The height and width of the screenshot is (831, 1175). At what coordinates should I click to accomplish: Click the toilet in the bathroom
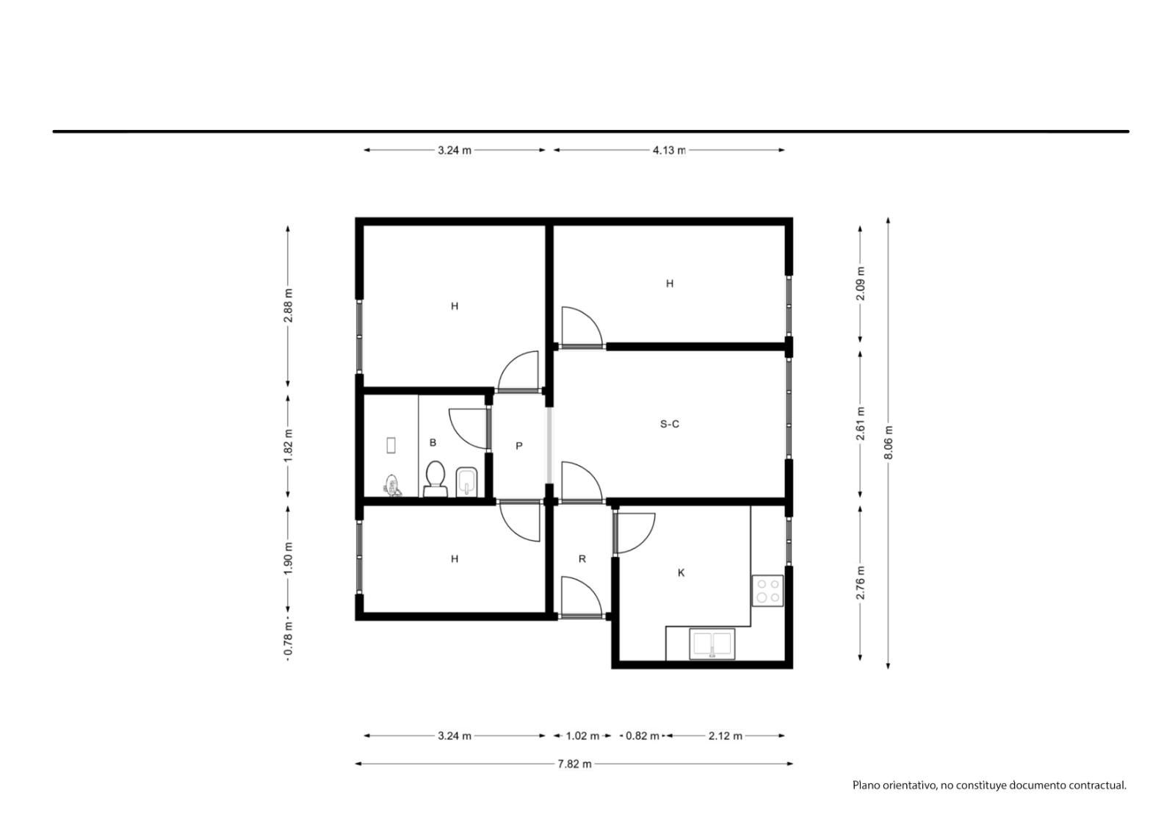click(x=435, y=479)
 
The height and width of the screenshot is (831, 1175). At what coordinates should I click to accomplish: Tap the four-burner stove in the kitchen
click(x=767, y=591)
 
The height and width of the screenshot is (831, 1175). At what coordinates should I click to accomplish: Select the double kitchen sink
click(x=712, y=644)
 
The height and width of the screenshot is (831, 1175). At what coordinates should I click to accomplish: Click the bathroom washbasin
click(x=466, y=481)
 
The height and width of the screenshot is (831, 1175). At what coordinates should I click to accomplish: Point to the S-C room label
click(x=669, y=424)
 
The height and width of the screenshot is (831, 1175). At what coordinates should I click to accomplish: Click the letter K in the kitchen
click(x=681, y=572)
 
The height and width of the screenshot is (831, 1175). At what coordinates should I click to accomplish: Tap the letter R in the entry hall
click(x=582, y=559)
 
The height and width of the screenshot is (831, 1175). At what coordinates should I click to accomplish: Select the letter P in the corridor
click(x=518, y=446)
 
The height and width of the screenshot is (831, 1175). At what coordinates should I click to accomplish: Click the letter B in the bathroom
click(x=433, y=442)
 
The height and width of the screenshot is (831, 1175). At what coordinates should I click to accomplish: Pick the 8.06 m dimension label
click(x=888, y=442)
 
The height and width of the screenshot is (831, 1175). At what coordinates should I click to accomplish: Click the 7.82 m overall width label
click(x=574, y=764)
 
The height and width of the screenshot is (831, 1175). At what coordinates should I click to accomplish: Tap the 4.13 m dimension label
click(x=669, y=150)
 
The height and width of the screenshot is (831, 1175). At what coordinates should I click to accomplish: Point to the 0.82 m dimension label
click(x=643, y=736)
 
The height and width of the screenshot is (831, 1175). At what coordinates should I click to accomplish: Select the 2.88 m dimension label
click(x=288, y=305)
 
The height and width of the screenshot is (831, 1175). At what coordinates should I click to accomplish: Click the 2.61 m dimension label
click(x=860, y=423)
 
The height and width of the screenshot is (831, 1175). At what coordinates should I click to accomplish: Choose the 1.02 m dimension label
click(x=582, y=736)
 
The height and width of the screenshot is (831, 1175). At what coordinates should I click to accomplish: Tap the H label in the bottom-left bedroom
click(x=455, y=559)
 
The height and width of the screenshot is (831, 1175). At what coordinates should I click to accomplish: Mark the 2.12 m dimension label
click(x=726, y=736)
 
